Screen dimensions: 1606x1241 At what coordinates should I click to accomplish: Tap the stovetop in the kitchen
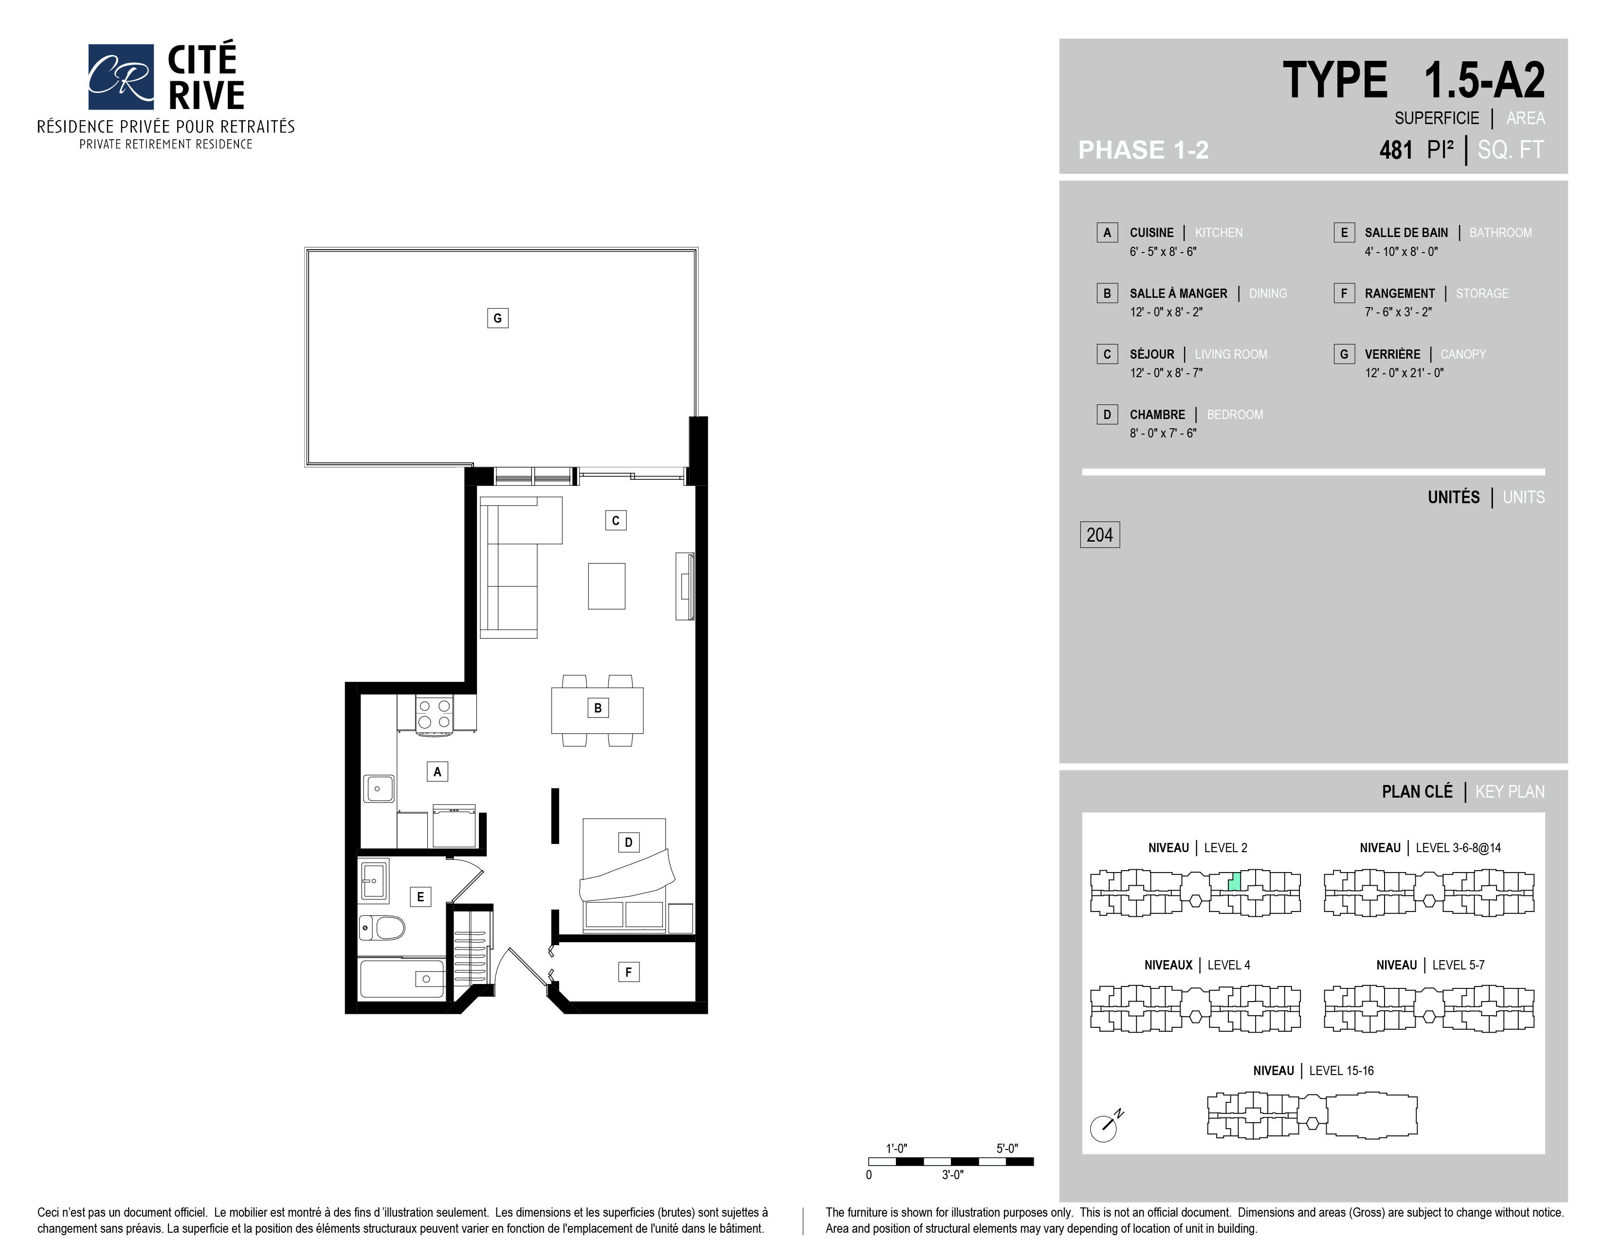435,714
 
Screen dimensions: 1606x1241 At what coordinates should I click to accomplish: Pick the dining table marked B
597,710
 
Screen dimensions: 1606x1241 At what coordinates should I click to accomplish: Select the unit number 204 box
1099,534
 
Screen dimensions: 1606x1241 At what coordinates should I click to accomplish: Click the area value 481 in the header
1396,150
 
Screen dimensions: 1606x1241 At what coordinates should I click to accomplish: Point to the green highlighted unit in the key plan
1235,881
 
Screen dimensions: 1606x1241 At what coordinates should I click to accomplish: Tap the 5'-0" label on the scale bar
1007,1149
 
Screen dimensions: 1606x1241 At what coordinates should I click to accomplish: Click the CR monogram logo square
121,76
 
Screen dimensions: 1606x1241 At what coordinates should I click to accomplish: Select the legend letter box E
1344,232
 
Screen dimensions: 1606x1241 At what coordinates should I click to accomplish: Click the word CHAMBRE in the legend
1157,415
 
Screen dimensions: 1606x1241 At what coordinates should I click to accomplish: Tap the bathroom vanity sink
374,880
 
